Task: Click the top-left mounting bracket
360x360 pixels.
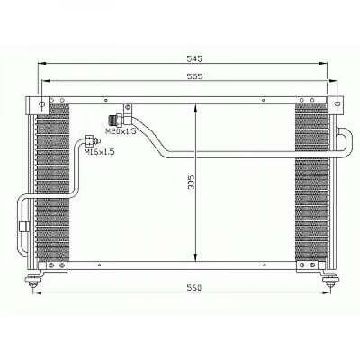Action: (40, 102)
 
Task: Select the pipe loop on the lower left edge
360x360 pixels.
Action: (22, 225)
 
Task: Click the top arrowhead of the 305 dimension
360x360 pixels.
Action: (197, 107)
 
